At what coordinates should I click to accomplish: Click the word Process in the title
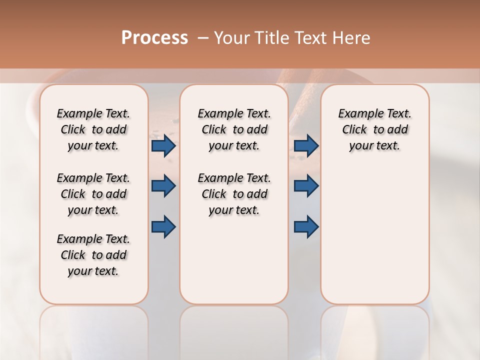(x=154, y=38)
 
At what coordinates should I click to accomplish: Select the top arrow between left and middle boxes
(x=163, y=145)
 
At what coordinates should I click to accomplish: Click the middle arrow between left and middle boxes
(x=163, y=186)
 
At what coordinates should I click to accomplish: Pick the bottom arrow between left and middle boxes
(x=163, y=226)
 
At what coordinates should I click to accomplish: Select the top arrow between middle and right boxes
(x=306, y=145)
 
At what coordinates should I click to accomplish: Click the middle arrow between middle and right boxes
(x=306, y=186)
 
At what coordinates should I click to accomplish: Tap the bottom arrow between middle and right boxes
(x=306, y=226)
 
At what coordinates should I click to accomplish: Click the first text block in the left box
(x=93, y=129)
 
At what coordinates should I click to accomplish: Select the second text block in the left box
(x=93, y=194)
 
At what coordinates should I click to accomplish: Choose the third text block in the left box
(x=93, y=255)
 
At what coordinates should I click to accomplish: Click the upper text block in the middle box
(x=234, y=129)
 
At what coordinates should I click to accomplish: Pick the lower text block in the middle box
(x=234, y=194)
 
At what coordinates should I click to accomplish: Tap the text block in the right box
(x=374, y=129)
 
